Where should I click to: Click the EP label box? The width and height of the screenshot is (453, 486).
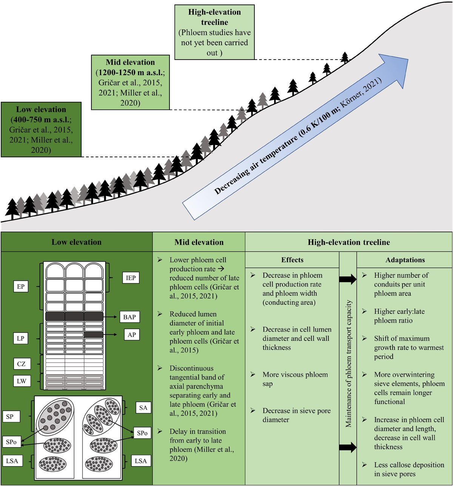tap(21, 287)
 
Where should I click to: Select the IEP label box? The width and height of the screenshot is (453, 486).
tap(131, 278)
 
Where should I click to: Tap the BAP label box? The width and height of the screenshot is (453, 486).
tap(129, 317)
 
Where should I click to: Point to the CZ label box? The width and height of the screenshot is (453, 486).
tap(22, 364)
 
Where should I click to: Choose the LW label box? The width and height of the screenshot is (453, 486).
tap(22, 381)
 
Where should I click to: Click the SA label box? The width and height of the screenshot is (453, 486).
tap(143, 408)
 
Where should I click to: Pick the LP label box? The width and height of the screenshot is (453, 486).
tap(20, 338)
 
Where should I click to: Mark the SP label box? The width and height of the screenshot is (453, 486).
tap(10, 417)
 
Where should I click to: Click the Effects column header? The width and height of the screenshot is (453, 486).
tap(292, 260)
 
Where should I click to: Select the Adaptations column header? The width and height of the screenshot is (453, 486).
tap(405, 260)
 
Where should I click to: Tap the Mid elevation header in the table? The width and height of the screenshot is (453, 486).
tap(199, 242)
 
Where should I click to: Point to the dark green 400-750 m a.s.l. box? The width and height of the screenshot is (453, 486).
tap(41, 129)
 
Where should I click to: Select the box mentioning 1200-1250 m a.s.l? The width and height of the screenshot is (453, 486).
tap(130, 82)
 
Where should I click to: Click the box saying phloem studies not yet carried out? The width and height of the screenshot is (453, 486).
tap(214, 32)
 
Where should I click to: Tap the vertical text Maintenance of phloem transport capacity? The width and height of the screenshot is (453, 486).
tap(348, 364)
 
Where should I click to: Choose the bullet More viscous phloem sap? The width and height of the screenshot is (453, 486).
tap(295, 379)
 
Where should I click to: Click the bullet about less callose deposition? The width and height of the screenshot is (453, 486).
tap(409, 469)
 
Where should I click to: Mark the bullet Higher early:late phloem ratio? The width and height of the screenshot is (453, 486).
tap(399, 316)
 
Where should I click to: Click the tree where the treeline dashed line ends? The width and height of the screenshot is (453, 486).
tap(345, 58)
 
